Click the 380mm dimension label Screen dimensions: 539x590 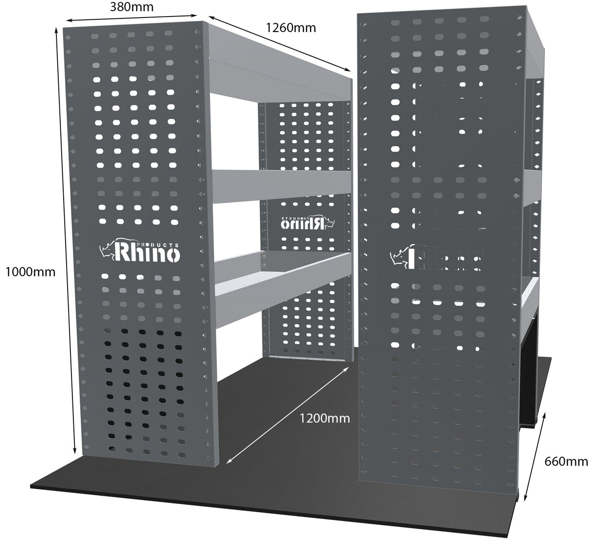pyautogui.click(x=131, y=7)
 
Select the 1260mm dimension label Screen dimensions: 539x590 pyautogui.click(x=291, y=28)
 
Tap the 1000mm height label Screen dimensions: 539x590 pyautogui.click(x=30, y=272)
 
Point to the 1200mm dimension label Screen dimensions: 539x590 pyautogui.click(x=324, y=418)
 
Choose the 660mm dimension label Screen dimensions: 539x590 pyautogui.click(x=566, y=461)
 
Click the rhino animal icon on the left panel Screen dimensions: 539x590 pyautogui.click(x=106, y=249)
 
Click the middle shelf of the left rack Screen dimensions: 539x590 pyautogui.click(x=282, y=186)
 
